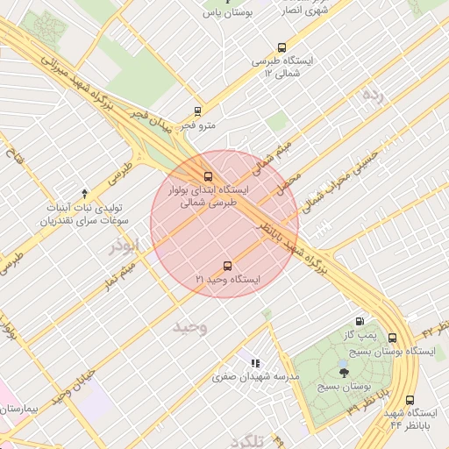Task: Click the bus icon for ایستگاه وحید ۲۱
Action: pos(228,265)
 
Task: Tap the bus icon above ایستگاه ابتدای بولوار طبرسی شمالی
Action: pos(208,175)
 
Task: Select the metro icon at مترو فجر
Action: pos(197,111)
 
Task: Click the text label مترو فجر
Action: pos(198,126)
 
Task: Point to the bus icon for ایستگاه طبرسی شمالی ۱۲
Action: pos(281,47)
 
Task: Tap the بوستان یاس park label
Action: pos(228,13)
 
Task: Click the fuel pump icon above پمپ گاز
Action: pos(359,322)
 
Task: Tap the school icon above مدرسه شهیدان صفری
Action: pos(255,363)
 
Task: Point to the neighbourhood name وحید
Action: pos(189,327)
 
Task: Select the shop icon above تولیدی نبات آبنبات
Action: pos(84,193)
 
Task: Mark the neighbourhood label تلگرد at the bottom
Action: pos(245,440)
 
